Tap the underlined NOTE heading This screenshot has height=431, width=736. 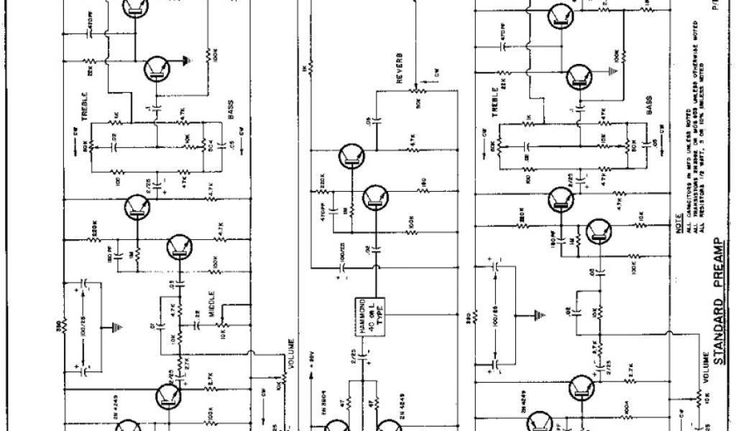(x=678, y=221)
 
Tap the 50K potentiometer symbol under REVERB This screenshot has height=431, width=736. (x=414, y=92)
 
